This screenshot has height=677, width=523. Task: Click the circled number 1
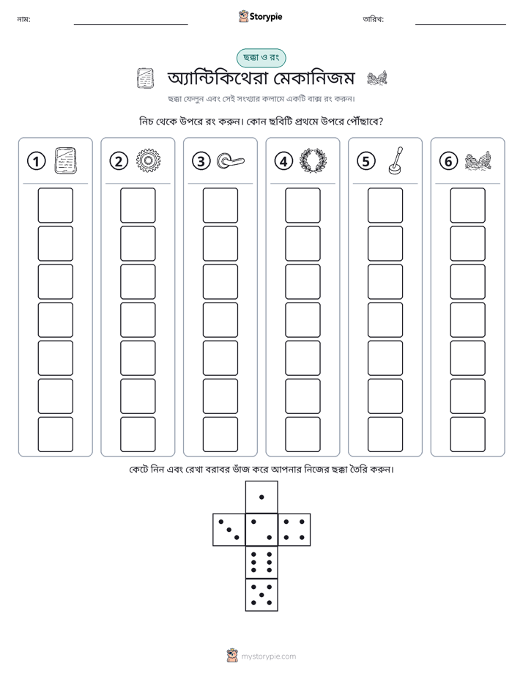(36, 161)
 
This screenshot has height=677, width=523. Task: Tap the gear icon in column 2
(148, 160)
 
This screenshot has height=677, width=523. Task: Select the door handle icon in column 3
(231, 161)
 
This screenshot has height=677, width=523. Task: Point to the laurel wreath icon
(313, 161)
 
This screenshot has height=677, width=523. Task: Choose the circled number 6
(448, 161)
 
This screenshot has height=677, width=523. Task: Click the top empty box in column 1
(55, 205)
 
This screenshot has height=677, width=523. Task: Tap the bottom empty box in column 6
(468, 434)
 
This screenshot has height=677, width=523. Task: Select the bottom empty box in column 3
(220, 434)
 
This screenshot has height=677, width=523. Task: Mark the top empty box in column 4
(303, 205)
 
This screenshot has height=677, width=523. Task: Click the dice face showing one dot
(261, 497)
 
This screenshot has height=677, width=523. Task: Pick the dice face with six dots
(261, 562)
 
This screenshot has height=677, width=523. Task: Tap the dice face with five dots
(261, 595)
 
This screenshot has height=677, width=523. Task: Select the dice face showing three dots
(229, 530)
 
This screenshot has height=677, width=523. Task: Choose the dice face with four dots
(294, 530)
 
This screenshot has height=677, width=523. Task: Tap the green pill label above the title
(261, 58)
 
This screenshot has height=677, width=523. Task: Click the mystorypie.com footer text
(268, 656)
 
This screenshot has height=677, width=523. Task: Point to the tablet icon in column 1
(66, 160)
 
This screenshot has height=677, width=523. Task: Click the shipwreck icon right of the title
(377, 78)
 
